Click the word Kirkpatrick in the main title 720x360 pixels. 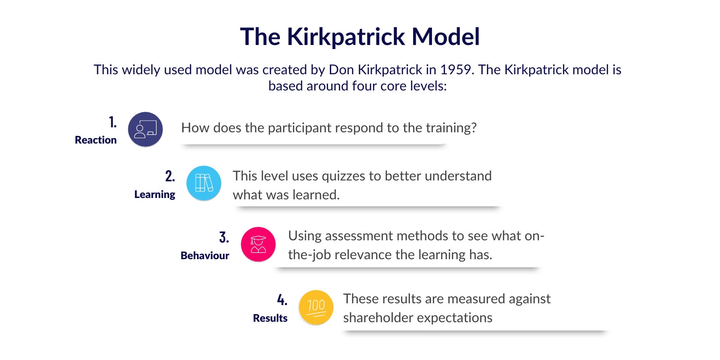(x=346, y=37)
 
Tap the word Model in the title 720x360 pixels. (x=446, y=36)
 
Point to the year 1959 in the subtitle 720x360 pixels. (x=457, y=70)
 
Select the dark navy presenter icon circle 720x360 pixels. (x=145, y=129)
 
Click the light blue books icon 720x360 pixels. (x=204, y=183)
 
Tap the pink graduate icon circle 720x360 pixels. (x=258, y=245)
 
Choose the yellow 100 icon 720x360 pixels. (x=315, y=308)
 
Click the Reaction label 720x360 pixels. (x=95, y=140)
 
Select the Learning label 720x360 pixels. (x=155, y=195)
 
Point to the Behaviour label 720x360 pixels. (x=205, y=256)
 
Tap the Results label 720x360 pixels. (x=270, y=318)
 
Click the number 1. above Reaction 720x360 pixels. (x=113, y=122)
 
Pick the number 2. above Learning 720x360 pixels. (x=170, y=176)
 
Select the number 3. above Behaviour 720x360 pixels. (x=224, y=238)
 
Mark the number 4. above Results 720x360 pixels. (x=282, y=300)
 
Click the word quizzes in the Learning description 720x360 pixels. (x=343, y=176)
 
